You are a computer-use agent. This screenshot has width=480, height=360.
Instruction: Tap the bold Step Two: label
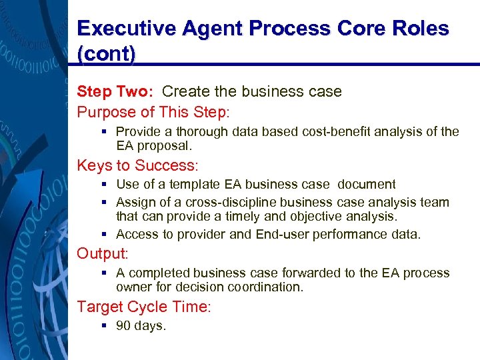[x=117, y=91]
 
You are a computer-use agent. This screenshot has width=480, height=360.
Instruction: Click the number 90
[x=123, y=326]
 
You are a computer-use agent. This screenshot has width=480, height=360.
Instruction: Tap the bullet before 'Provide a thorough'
[x=105, y=132]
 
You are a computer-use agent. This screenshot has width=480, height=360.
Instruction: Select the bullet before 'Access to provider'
[x=105, y=235]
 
